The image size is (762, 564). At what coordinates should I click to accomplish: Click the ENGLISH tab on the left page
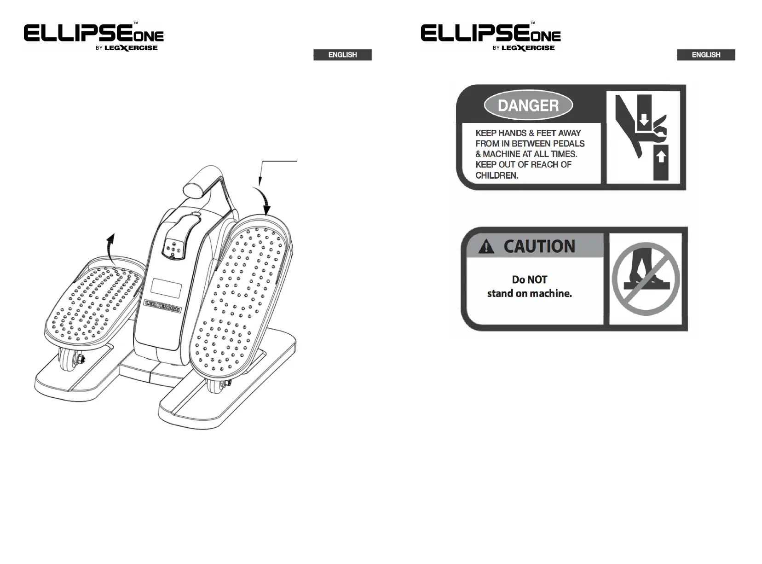(x=342, y=55)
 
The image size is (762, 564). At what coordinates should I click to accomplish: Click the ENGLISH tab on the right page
(x=706, y=55)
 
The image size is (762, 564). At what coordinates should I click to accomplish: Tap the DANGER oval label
(x=528, y=105)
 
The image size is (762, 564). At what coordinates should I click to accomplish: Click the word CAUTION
(x=539, y=246)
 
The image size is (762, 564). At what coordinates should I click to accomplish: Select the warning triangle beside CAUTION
(x=486, y=248)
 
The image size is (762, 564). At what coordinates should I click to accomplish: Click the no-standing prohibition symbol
(x=646, y=279)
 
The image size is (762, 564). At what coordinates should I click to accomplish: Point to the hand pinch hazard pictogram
(x=642, y=136)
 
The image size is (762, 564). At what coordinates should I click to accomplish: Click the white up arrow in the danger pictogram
(x=661, y=157)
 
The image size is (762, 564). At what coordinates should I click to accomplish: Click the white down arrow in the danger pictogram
(x=644, y=121)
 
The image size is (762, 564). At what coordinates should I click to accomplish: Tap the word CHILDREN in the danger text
(x=497, y=175)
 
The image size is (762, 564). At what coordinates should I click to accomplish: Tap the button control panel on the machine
(x=173, y=249)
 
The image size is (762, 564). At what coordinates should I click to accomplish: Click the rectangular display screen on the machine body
(x=166, y=288)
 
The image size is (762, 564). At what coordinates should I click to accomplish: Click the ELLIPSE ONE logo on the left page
(x=94, y=36)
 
